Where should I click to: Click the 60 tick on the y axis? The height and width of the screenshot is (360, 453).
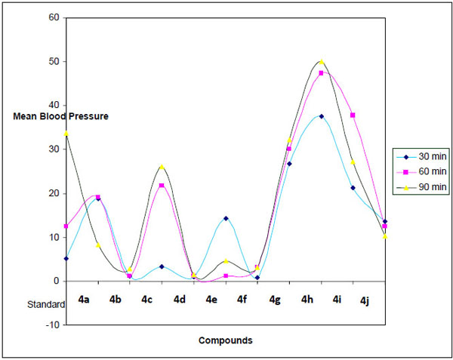point(55,17)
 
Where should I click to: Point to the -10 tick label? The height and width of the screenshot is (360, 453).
point(54,325)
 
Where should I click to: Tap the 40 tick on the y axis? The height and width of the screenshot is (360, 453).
point(55,105)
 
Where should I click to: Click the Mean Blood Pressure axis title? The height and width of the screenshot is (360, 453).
point(60,116)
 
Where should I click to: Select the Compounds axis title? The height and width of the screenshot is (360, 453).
point(225,340)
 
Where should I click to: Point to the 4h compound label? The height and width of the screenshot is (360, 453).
point(307,300)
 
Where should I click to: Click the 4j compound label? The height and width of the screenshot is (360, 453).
point(365,300)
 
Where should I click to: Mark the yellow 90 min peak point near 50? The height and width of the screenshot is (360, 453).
point(322,63)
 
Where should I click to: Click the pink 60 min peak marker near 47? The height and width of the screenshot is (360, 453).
point(322,73)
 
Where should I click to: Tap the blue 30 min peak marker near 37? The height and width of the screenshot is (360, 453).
point(322,116)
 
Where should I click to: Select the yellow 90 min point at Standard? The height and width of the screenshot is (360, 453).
point(66,134)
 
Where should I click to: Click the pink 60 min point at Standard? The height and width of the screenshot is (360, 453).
point(66,226)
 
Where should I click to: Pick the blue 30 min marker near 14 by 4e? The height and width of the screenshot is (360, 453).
point(226,219)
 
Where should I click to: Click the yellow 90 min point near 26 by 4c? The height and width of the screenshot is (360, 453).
point(162,167)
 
